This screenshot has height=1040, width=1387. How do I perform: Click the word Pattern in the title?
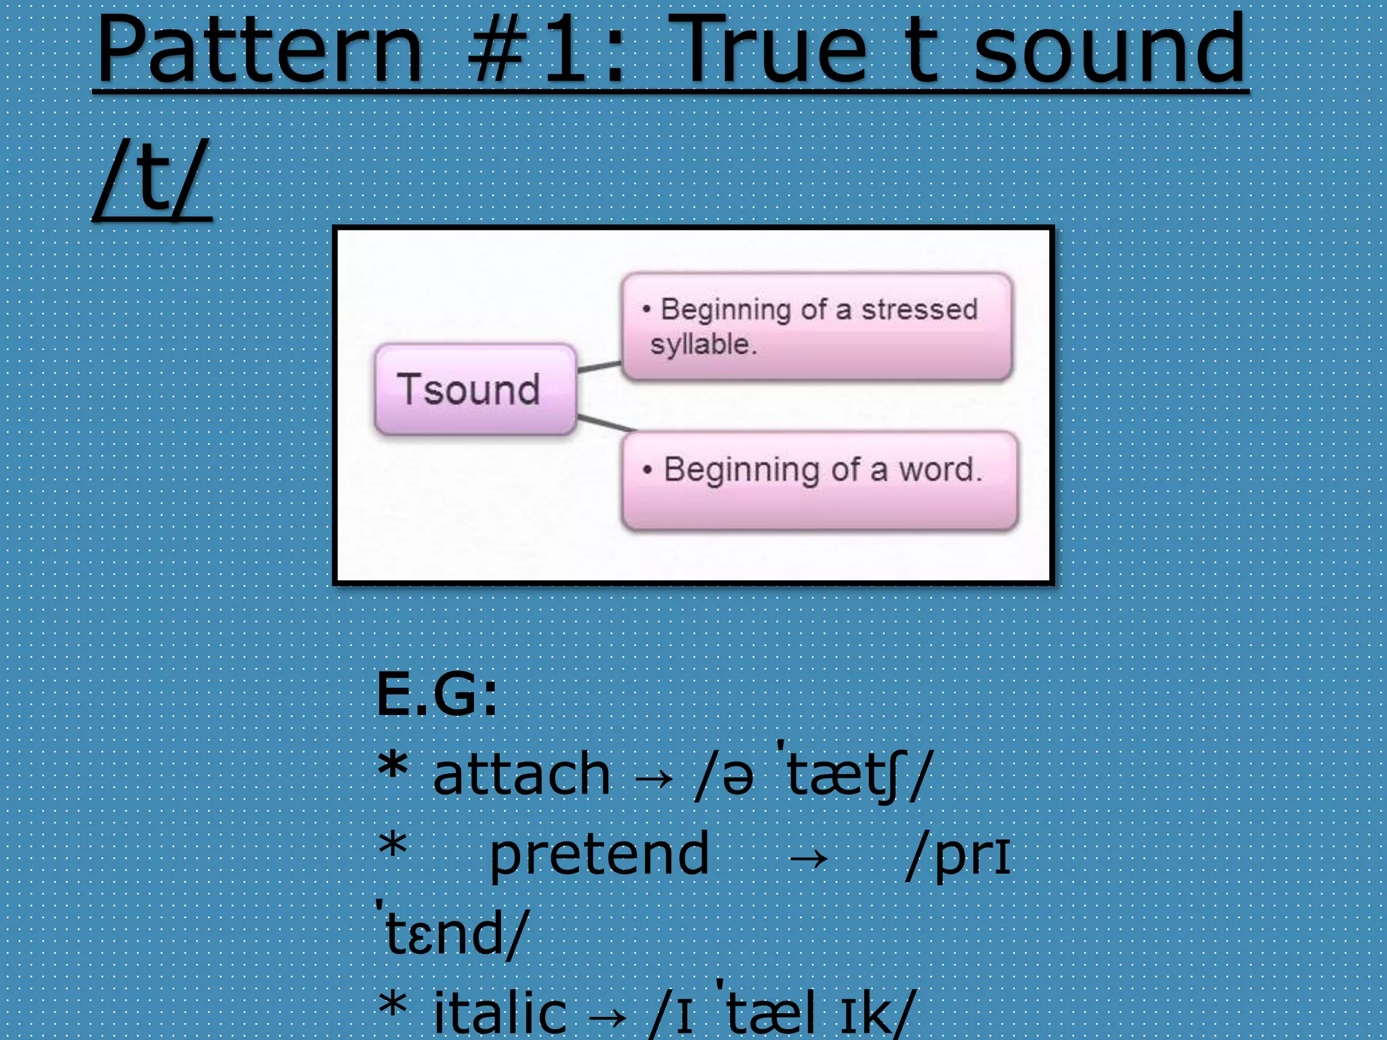tap(259, 51)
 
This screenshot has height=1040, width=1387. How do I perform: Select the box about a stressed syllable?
tap(817, 326)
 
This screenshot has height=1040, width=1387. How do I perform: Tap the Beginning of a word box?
tap(819, 479)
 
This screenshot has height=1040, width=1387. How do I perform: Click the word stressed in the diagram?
tap(919, 309)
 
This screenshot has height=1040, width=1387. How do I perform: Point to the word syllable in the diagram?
tap(702, 344)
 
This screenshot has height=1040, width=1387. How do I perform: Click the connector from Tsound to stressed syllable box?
tap(599, 366)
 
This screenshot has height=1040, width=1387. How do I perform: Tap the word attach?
tap(521, 775)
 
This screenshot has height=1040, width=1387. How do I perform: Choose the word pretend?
tap(599, 854)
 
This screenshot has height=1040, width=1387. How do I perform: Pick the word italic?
tap(499, 1013)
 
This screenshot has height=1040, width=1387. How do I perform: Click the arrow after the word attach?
tap(654, 779)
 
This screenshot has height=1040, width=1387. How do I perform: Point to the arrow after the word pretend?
tap(808, 859)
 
